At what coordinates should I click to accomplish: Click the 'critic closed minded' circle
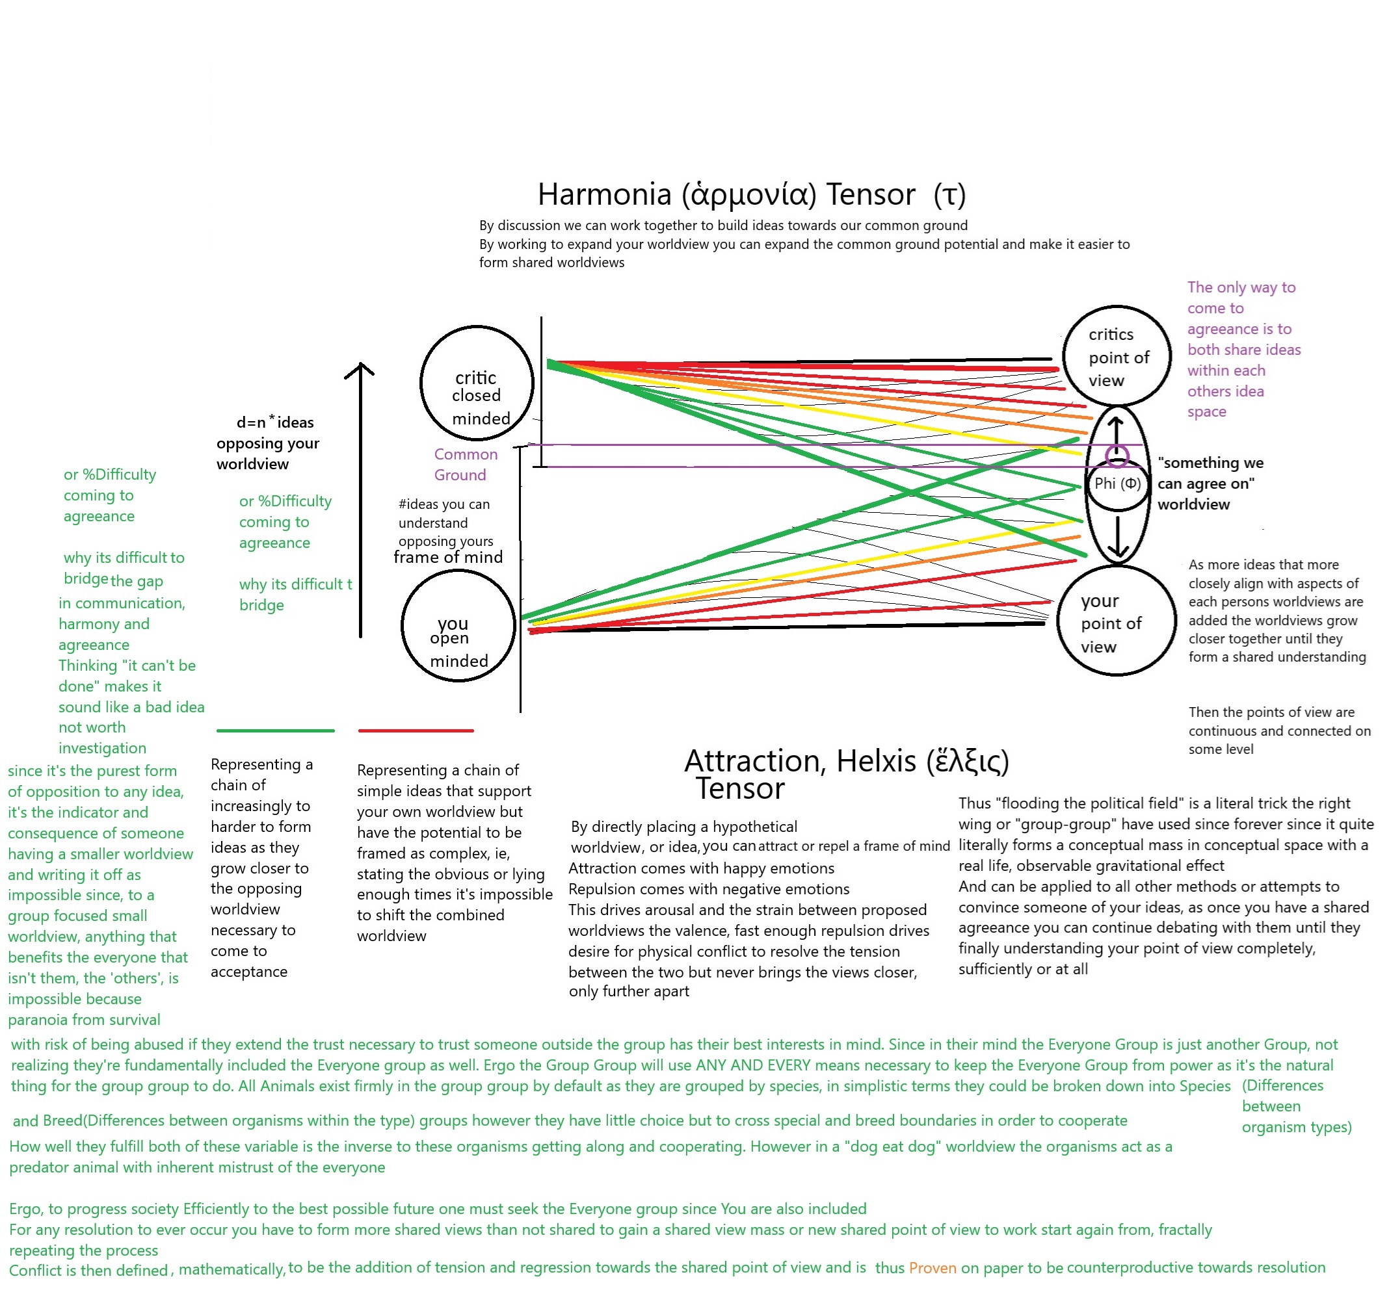click(477, 383)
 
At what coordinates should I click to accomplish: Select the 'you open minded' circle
click(458, 626)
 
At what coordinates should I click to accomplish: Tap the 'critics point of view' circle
click(1117, 356)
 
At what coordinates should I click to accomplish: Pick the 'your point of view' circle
click(1117, 621)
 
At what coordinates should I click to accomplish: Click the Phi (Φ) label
click(1117, 484)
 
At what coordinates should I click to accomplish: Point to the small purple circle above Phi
click(1117, 456)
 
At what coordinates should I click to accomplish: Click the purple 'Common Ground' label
click(466, 465)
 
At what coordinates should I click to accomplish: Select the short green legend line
click(275, 731)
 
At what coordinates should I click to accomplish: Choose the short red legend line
click(416, 731)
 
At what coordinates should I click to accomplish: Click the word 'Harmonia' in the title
click(604, 194)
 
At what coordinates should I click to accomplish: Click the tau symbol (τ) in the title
click(949, 194)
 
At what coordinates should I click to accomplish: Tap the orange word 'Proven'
click(932, 1267)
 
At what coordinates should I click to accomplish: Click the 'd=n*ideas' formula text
click(275, 422)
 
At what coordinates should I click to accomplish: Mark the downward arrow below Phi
click(1118, 537)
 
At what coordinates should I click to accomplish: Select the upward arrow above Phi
click(1116, 430)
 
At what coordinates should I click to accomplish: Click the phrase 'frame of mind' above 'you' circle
click(448, 557)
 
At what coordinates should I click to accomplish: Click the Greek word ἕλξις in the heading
click(968, 761)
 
